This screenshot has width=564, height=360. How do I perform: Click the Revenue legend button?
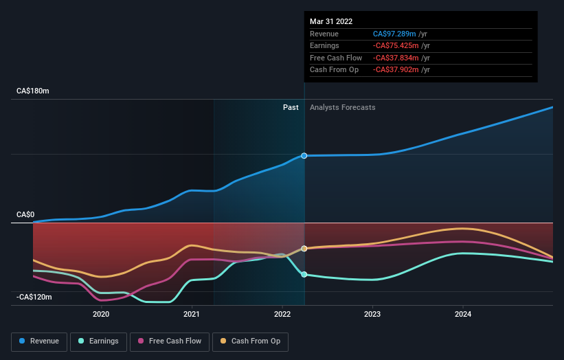pyautogui.click(x=40, y=341)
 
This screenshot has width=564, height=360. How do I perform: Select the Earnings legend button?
pyautogui.click(x=98, y=341)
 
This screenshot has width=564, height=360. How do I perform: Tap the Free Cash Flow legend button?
pyautogui.click(x=170, y=341)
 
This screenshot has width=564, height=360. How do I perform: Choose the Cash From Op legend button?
pyautogui.click(x=251, y=341)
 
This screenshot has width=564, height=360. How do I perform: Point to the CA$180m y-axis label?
pyautogui.click(x=33, y=91)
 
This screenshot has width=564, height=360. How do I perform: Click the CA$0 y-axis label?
pyautogui.click(x=25, y=214)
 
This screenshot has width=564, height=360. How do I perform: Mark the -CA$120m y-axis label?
pyautogui.click(x=35, y=297)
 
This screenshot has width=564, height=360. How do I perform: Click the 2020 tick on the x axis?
pyautogui.click(x=101, y=315)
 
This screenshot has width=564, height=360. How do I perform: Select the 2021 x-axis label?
pyautogui.click(x=192, y=315)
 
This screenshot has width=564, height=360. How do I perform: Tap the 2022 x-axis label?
pyautogui.click(x=282, y=315)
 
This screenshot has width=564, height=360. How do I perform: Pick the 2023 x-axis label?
pyautogui.click(x=372, y=315)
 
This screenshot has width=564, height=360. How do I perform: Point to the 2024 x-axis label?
pyautogui.click(x=463, y=315)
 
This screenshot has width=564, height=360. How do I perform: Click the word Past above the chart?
pyautogui.click(x=291, y=107)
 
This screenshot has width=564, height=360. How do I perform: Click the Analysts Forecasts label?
pyautogui.click(x=343, y=107)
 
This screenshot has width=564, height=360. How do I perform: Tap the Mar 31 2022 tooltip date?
pyautogui.click(x=331, y=21)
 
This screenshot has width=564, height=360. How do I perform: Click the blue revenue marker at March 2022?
pyautogui.click(x=304, y=156)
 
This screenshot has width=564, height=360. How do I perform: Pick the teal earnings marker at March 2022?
pyautogui.click(x=304, y=274)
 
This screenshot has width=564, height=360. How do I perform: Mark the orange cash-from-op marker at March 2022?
pyautogui.click(x=304, y=248)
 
